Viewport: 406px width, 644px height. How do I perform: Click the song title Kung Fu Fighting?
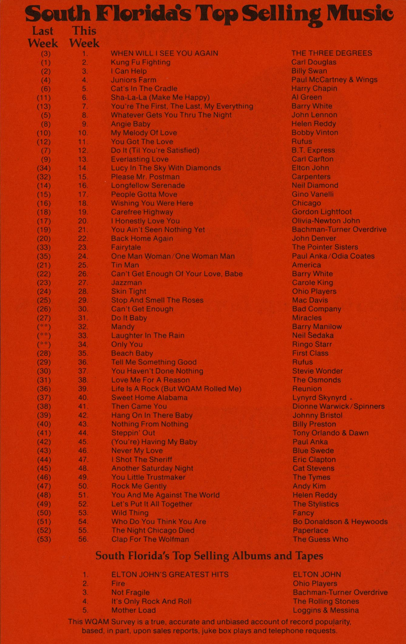click(141, 62)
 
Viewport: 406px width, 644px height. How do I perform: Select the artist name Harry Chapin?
click(314, 88)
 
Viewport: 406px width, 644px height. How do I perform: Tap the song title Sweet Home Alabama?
click(149, 398)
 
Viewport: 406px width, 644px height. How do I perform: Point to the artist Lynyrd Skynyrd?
click(319, 398)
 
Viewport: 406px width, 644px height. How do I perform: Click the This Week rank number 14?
click(83, 168)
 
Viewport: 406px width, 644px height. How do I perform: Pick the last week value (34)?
click(44, 168)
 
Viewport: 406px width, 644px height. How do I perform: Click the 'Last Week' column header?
click(43, 37)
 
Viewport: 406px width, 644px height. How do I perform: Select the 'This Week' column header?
click(84, 37)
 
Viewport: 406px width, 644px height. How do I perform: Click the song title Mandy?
click(123, 327)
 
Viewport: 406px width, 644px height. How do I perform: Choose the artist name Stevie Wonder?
click(318, 371)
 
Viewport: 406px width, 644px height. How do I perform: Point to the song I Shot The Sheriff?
click(142, 459)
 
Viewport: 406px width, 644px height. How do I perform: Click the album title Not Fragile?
click(130, 593)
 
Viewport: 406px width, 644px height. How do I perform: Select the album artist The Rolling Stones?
click(326, 601)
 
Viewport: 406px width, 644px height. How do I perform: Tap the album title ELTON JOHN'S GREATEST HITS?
click(170, 575)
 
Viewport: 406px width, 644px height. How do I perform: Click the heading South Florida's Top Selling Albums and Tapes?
click(209, 556)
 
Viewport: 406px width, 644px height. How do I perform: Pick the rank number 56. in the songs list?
click(83, 539)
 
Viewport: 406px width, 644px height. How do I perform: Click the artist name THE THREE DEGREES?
click(332, 53)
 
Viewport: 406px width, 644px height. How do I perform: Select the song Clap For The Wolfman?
click(150, 539)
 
